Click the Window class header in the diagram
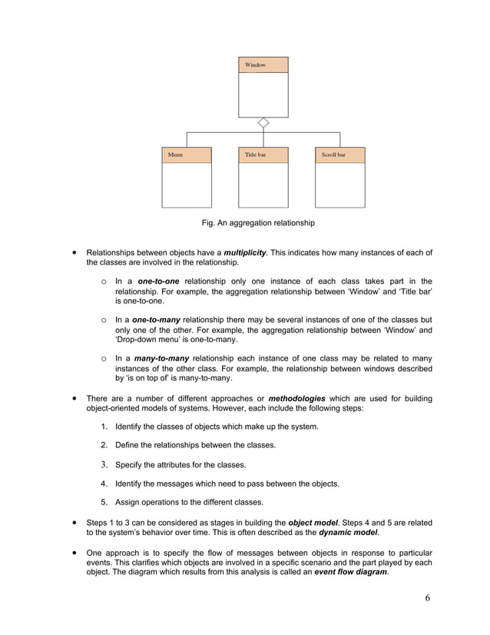[x=263, y=65]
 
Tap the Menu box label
[x=176, y=155]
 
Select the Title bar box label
[x=256, y=155]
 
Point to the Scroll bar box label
[x=333, y=155]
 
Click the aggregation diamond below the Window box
[x=263, y=123]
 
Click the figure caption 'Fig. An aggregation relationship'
[x=258, y=223]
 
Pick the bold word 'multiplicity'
[x=245, y=253]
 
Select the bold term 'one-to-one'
[x=158, y=281]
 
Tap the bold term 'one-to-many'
[x=156, y=319]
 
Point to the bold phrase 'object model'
[x=312, y=523]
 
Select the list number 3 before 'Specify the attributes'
[x=104, y=464]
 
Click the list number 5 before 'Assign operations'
[x=104, y=502]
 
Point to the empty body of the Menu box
[x=186, y=185]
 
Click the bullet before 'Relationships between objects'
[x=74, y=252]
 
